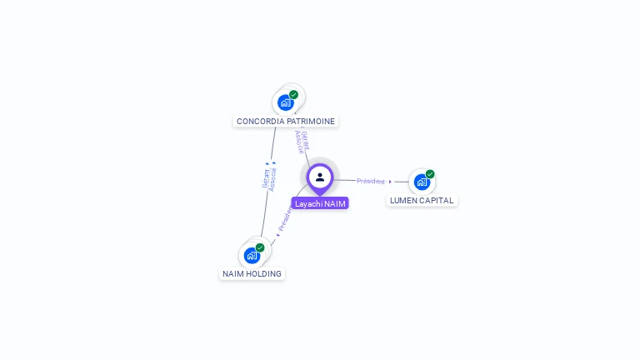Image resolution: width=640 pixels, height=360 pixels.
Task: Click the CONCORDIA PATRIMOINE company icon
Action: pos(287,102)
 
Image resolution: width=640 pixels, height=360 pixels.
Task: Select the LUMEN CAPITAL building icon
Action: pos(422,182)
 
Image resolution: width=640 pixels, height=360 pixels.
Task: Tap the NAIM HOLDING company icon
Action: pos(252,255)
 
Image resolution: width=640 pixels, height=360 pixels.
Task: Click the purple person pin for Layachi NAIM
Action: pos(320,177)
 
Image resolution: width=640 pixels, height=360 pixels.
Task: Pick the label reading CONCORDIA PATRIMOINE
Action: pos(286,122)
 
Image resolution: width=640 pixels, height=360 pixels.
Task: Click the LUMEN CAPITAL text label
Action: pos(422,201)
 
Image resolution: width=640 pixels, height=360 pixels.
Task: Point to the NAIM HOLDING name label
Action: pos(252,274)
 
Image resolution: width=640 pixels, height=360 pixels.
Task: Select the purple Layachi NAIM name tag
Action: pos(320,203)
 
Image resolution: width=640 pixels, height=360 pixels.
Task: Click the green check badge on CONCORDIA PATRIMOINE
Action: pos(294,94)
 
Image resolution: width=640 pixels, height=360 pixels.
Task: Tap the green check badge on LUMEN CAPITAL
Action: pos(430,174)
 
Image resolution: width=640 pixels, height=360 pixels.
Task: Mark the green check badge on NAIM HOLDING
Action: pos(260,247)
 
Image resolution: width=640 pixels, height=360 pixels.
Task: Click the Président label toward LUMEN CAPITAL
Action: pos(371,181)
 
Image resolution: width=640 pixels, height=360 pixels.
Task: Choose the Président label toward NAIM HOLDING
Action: pos(285,219)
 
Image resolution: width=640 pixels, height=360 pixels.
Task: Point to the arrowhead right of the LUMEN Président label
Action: pos(390,182)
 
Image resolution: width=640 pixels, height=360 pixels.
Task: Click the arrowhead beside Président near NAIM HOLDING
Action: pos(277,234)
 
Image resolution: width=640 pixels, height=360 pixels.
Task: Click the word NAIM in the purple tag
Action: pos(334,203)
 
